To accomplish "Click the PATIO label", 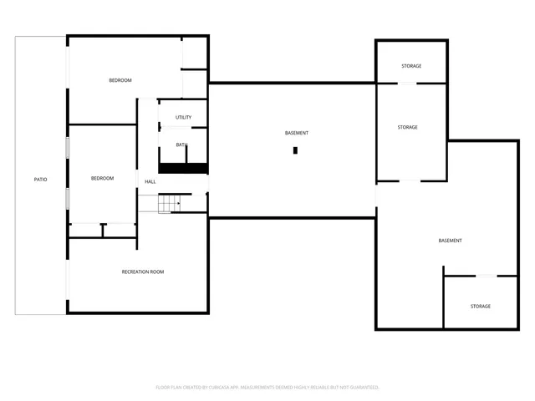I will coord(40,180).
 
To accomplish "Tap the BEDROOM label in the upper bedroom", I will coord(120,80).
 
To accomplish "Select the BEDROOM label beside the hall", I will coord(102,178).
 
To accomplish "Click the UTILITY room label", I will coord(184,117).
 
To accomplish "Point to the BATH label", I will coord(181,145).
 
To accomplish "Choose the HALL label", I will coord(150,181).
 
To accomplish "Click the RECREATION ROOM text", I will coord(143,272).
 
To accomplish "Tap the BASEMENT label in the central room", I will coord(296,134).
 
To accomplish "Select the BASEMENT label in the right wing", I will coord(450,241).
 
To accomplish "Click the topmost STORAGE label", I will coord(410,66).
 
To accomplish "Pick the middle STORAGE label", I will coord(407,127).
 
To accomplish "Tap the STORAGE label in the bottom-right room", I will coord(480,307).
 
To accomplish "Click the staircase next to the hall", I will coord(170,203).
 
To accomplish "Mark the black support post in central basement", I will coord(295,150).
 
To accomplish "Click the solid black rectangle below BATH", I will coord(183,168).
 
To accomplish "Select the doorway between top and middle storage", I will coord(407,83).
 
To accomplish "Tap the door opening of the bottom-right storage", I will coord(486,276).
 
